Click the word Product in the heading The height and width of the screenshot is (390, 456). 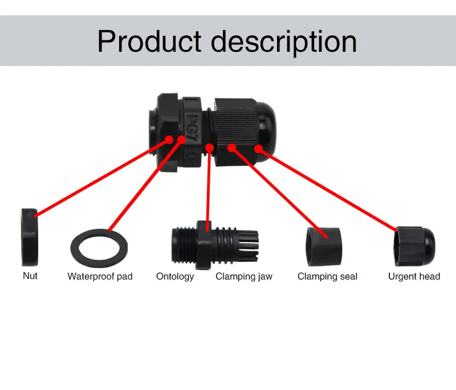149,41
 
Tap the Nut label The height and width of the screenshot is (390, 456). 30,276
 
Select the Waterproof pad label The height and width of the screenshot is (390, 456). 100,276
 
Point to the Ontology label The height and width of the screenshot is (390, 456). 175,276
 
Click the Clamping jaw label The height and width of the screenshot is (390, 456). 244,276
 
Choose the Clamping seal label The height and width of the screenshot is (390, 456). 327,276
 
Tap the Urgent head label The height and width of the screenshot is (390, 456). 414,276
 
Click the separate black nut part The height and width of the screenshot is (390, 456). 29,237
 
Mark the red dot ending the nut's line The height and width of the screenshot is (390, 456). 169,139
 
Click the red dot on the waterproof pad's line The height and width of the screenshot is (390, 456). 182,139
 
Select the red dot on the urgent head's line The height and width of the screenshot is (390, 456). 258,149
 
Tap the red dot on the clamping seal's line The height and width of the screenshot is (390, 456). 231,148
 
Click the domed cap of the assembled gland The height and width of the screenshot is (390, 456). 267,128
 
